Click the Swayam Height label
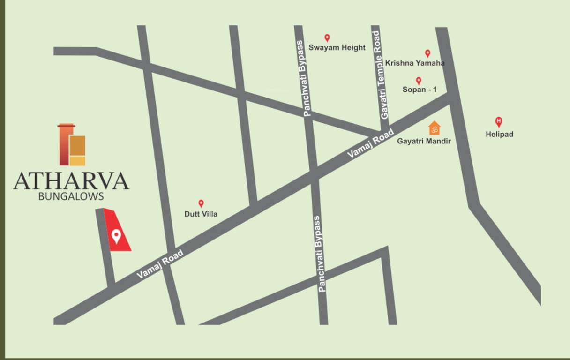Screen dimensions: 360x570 click(x=337, y=47)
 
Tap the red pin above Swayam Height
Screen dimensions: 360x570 click(x=327, y=37)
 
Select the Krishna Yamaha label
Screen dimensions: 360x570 click(x=415, y=63)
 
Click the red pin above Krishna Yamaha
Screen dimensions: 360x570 click(x=427, y=53)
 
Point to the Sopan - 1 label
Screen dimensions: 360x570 click(x=420, y=89)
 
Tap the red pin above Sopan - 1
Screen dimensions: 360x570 click(x=419, y=80)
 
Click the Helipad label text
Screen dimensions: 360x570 click(x=499, y=134)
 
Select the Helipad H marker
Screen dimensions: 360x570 click(x=499, y=122)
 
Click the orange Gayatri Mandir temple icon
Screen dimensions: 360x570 click(x=435, y=127)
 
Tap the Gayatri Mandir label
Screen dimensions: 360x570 click(x=424, y=141)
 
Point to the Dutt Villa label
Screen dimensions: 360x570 click(x=201, y=214)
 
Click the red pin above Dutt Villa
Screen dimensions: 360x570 click(x=201, y=203)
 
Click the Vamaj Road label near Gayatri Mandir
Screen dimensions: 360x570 click(x=364, y=145)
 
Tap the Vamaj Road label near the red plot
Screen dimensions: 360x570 click(x=160, y=264)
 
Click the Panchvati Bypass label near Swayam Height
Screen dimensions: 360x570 click(x=307, y=78)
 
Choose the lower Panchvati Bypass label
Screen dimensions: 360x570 click(x=321, y=254)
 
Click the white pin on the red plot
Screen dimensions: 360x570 click(x=116, y=235)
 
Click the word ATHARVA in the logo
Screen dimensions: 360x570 click(x=71, y=181)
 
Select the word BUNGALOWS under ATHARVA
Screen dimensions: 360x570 click(x=71, y=196)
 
